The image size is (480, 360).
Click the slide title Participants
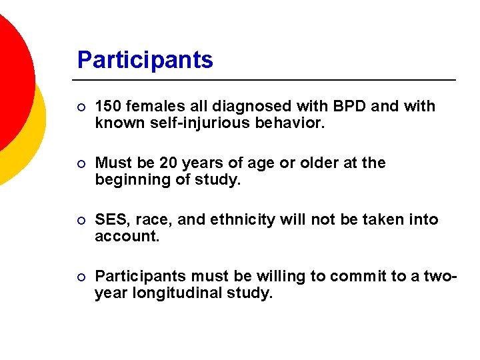[145, 60]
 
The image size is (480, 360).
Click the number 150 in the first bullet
[107, 107]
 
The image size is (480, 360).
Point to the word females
[149, 107]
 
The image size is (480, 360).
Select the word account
[127, 237]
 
